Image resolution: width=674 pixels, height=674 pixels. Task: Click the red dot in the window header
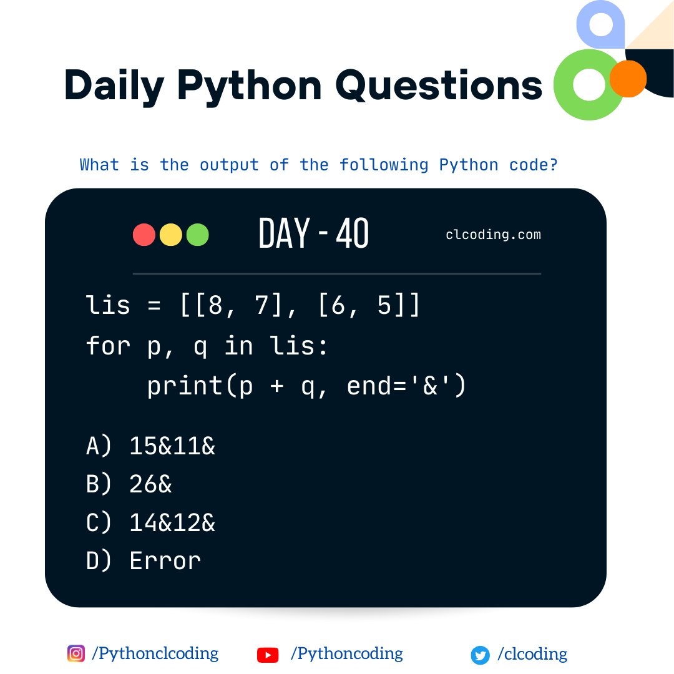tap(144, 235)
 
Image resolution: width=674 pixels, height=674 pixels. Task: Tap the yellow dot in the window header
tap(171, 235)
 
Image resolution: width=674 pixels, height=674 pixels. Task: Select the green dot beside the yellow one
tap(197, 235)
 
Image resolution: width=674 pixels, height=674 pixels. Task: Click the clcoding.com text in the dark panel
tap(493, 235)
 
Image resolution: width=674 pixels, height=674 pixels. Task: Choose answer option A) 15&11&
tap(150, 446)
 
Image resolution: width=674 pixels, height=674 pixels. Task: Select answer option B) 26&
tap(129, 484)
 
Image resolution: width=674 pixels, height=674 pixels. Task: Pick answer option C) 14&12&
tap(150, 522)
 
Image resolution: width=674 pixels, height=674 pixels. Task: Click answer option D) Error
tap(144, 560)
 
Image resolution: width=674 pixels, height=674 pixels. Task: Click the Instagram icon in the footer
tap(76, 654)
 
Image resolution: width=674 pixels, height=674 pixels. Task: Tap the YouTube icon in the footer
tap(268, 655)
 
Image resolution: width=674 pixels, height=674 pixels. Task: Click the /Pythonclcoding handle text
tap(155, 654)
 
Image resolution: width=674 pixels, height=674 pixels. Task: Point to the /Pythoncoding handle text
tap(346, 654)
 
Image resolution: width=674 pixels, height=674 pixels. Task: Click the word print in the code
tap(184, 387)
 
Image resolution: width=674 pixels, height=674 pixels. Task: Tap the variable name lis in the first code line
tap(107, 306)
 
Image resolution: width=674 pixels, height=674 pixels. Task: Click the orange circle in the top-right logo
tap(628, 79)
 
